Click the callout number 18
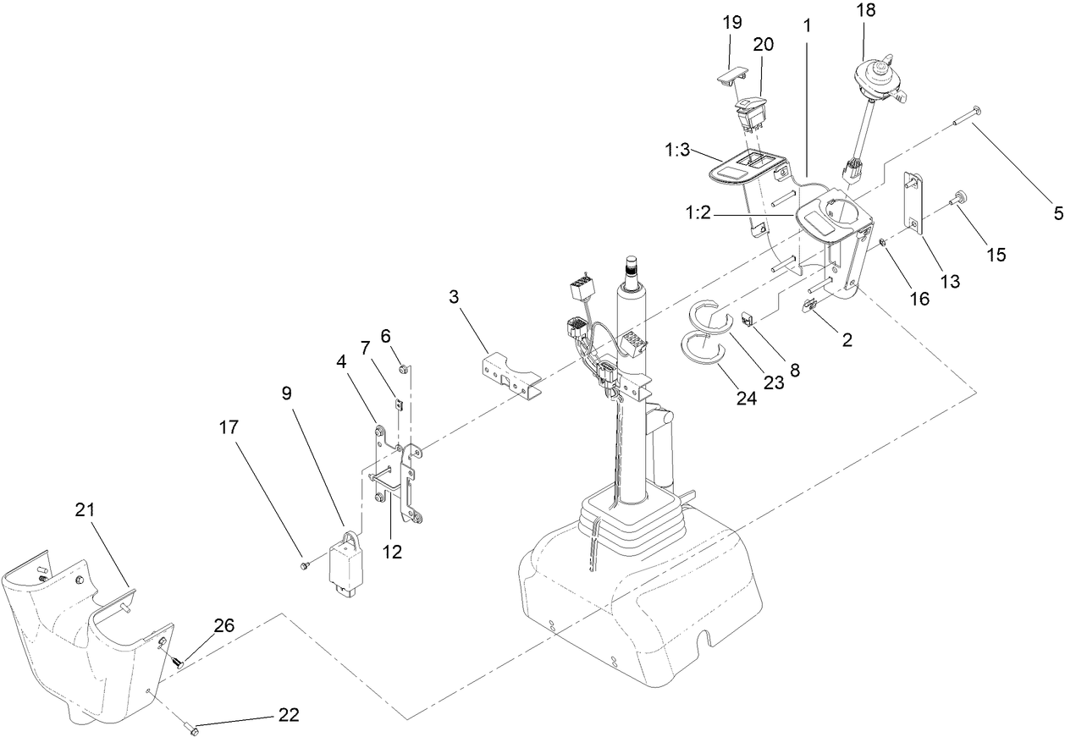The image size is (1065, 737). click(x=865, y=11)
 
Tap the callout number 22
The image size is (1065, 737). click(x=288, y=715)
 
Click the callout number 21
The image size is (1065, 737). click(x=85, y=509)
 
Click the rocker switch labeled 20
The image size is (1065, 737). click(x=753, y=114)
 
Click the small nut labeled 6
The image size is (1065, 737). click(x=404, y=368)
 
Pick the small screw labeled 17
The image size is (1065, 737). click(x=304, y=564)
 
